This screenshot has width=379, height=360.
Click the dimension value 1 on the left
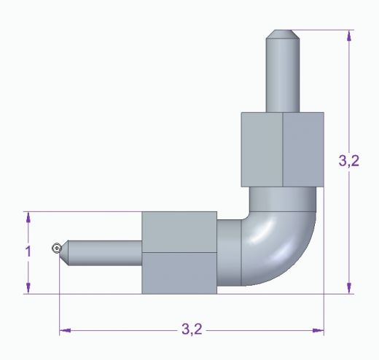point(28,251)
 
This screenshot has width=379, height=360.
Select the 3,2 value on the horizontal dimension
point(191,330)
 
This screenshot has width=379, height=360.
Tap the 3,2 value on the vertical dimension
point(349,162)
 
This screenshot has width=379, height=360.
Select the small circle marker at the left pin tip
point(56,249)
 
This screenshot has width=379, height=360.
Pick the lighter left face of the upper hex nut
point(261,149)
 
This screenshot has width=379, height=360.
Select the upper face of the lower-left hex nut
point(179,232)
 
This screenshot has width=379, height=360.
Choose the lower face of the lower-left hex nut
point(179,273)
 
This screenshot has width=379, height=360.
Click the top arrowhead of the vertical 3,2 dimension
point(350,34)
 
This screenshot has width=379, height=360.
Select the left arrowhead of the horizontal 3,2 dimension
point(65,331)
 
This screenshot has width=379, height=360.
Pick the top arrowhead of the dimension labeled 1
point(28,217)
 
